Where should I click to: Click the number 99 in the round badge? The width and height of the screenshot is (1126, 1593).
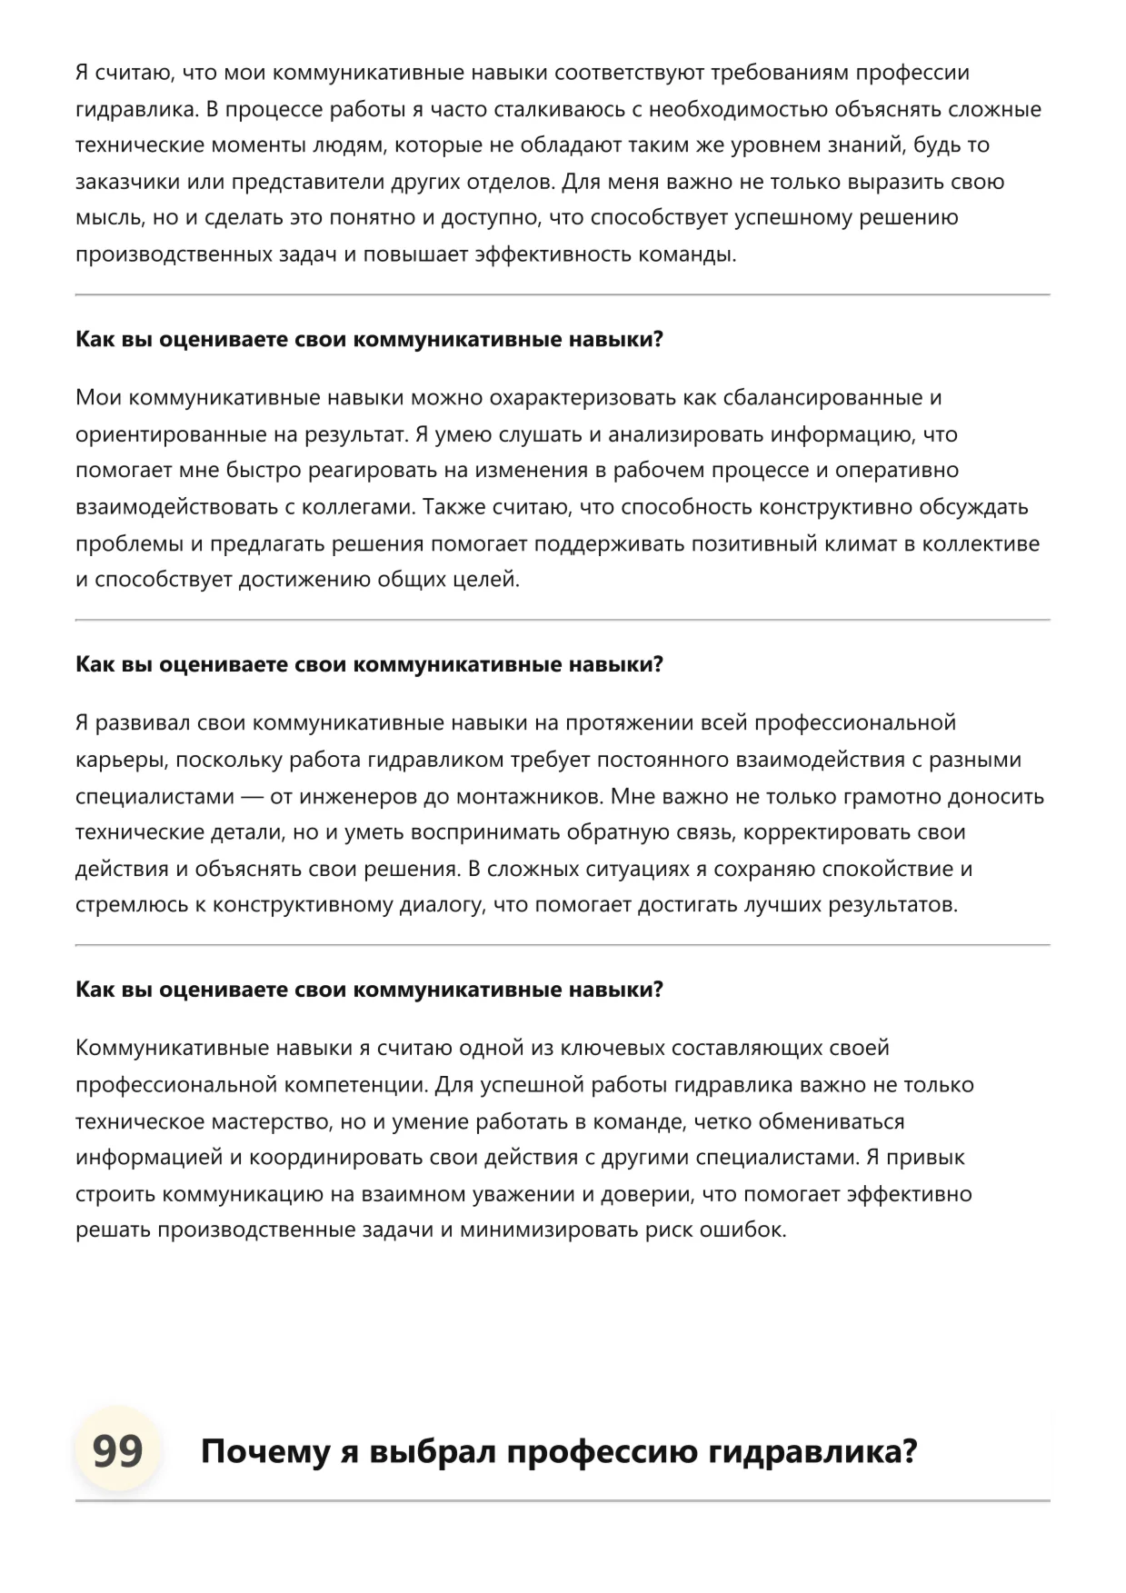pyautogui.click(x=117, y=1451)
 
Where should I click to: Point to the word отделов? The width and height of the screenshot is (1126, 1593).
pyautogui.click(x=509, y=182)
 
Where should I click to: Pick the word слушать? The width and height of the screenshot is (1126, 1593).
pyautogui.click(x=541, y=434)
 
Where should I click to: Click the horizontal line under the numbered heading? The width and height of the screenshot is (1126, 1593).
pyautogui.click(x=563, y=1499)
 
